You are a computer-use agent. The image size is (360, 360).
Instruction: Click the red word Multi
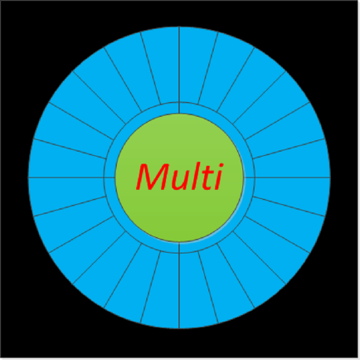(179, 177)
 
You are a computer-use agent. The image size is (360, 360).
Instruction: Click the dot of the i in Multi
(221, 166)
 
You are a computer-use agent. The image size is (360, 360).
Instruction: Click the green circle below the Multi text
(179, 218)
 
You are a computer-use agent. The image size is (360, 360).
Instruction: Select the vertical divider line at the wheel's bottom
(179, 285)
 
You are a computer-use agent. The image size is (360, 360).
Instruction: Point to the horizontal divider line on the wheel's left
(71, 178)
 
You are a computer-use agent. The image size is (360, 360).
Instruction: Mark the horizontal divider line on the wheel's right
(287, 178)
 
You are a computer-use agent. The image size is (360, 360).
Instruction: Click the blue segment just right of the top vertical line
(195, 66)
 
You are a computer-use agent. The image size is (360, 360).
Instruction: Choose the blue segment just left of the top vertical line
(163, 66)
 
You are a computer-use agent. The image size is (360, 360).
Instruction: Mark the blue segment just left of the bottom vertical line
(163, 289)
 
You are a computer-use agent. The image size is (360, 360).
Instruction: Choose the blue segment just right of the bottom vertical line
(195, 289)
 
